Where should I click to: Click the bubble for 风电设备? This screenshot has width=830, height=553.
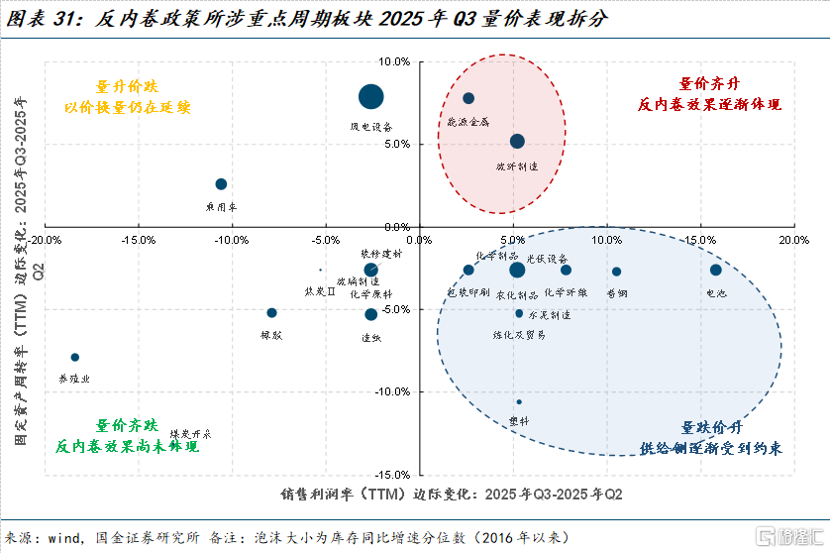pos(370,96)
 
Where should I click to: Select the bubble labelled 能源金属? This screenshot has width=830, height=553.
pos(468,98)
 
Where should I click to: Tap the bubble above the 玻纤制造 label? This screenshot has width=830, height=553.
pos(517,142)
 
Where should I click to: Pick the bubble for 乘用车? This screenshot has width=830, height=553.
pos(221,184)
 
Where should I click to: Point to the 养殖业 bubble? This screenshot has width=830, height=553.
pos(74,357)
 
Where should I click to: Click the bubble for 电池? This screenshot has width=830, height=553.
pos(716,270)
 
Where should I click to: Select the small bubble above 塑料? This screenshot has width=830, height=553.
pos(518,402)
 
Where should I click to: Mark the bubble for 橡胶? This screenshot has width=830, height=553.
pos(271,313)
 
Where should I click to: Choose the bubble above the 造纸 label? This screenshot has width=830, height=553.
pos(370,314)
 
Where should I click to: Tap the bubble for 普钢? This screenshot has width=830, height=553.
pos(616,272)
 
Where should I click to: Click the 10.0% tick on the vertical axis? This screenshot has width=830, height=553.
pos(395,62)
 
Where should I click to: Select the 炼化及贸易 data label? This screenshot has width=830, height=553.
pos(519,335)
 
